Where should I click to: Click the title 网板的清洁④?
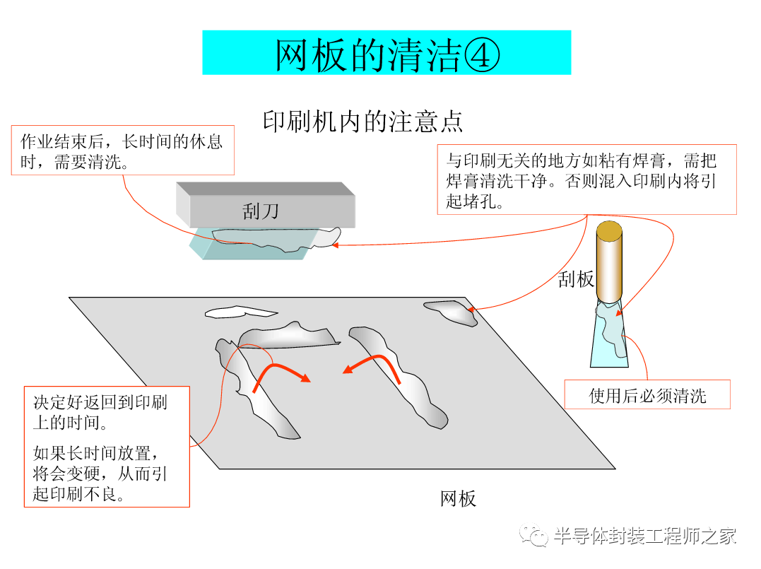click(x=387, y=53)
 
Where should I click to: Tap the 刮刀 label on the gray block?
click(x=261, y=211)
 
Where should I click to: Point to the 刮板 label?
click(x=576, y=278)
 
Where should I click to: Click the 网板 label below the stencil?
click(x=458, y=498)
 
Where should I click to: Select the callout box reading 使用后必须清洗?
click(x=647, y=394)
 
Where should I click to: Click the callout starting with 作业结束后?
click(x=122, y=151)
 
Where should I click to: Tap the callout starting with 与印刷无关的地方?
click(x=586, y=180)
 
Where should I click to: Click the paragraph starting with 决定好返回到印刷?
click(x=100, y=413)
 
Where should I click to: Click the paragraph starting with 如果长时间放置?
click(x=100, y=472)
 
